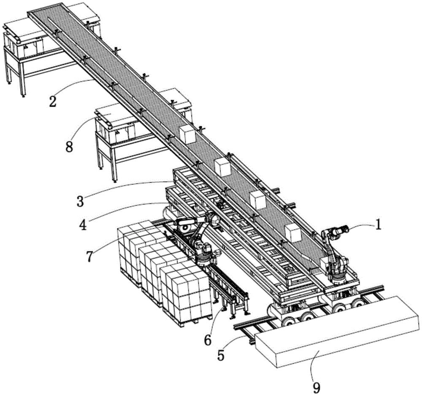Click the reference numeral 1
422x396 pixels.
[x=379, y=225]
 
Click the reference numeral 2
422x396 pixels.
[x=53, y=101]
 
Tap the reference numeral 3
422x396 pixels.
[x=80, y=201]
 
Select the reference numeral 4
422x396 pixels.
[x=83, y=225]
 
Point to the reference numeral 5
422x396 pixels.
[x=221, y=356]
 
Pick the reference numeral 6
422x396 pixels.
[x=208, y=340]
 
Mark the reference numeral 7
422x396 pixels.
[x=89, y=256]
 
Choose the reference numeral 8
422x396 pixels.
[x=69, y=147]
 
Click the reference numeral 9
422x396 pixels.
[x=316, y=388]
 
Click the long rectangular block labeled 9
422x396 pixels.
[x=336, y=332]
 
